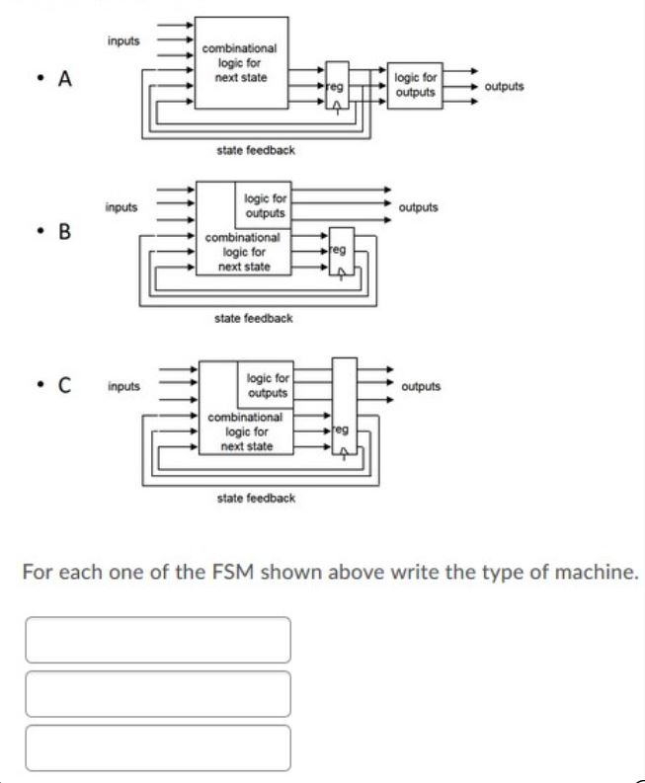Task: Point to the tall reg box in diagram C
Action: point(343,415)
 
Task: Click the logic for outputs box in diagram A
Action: point(415,85)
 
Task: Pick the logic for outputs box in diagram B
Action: point(265,206)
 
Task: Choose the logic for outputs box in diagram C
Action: point(268,386)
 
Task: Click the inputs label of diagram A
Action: point(123,41)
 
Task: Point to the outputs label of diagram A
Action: point(505,86)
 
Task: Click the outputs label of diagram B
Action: point(419,207)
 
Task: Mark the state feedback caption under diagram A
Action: point(255,150)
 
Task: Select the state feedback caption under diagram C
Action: point(255,499)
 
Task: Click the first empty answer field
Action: point(158,640)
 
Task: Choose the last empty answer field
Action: point(158,747)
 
